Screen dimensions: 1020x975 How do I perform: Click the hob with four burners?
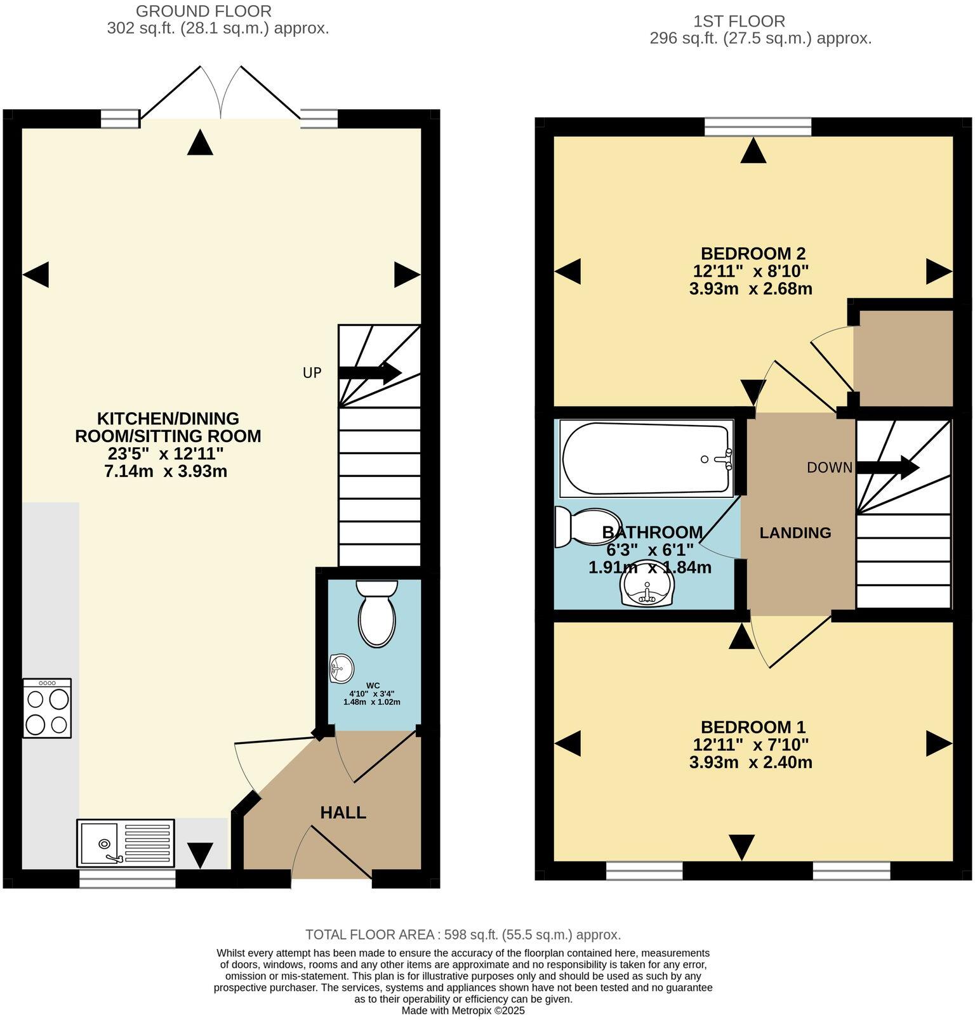47,708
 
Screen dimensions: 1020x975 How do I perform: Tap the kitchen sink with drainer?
126,842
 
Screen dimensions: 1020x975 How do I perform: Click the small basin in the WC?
342,668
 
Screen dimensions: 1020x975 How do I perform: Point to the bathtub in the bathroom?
646,459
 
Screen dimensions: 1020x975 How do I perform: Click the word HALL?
343,813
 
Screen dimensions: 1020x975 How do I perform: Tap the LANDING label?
795,533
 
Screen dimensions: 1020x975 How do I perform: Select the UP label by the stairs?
312,373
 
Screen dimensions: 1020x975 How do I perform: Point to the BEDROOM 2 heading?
753,253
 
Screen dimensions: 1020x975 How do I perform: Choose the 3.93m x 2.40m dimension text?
751,762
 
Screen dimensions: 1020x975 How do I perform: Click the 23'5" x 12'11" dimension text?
168,454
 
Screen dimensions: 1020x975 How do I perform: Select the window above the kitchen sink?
127,878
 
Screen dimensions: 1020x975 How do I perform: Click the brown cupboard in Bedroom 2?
903,357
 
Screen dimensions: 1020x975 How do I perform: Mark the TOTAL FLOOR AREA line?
463,934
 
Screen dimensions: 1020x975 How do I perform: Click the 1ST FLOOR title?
739,21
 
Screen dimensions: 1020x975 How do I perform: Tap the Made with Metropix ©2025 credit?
463,1010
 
